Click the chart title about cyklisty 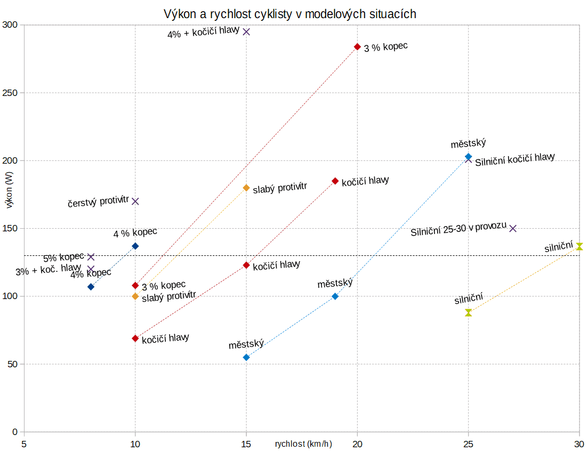[x=290, y=14]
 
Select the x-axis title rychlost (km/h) [x=303, y=444]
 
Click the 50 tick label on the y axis [x=12, y=365]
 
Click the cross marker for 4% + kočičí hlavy [x=246, y=31]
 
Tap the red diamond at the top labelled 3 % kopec [x=357, y=47]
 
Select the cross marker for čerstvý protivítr [x=135, y=201]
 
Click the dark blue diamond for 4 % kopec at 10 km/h [x=135, y=246]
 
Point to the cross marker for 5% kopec [x=91, y=257]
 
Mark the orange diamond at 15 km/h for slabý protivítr [x=246, y=188]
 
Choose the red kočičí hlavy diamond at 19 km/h [x=335, y=181]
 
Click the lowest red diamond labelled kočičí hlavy [x=135, y=339]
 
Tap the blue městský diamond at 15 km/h [x=246, y=357]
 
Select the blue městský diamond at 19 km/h [x=335, y=296]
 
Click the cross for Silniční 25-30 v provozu [x=513, y=228]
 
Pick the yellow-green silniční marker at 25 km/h [x=469, y=312]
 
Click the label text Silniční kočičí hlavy [x=515, y=159]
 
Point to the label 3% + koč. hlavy [x=48, y=270]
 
